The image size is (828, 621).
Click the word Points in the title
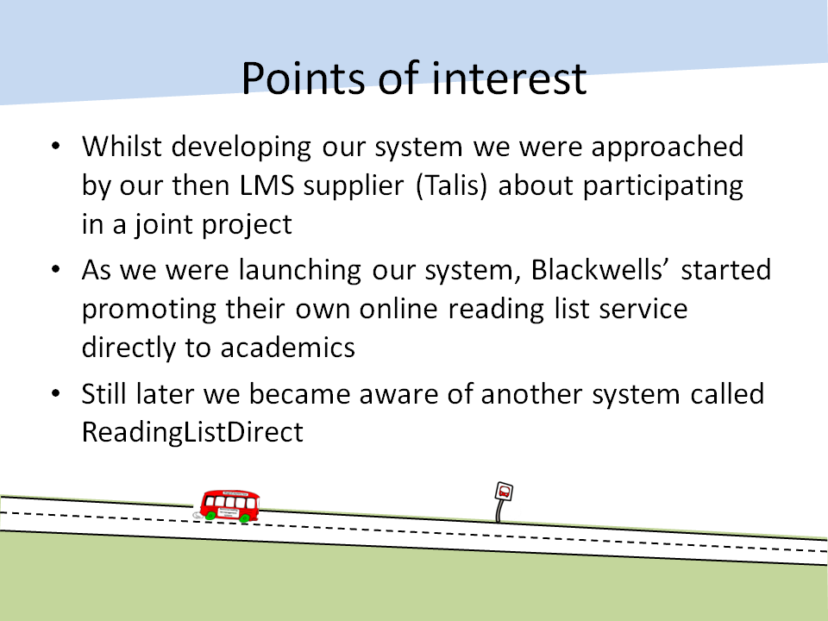click(x=304, y=78)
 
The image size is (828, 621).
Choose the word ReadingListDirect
click(x=192, y=432)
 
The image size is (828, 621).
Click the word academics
click(x=288, y=348)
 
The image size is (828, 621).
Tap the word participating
click(x=662, y=186)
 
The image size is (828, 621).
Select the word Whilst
click(x=122, y=147)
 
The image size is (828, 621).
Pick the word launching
click(x=300, y=270)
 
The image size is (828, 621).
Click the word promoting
click(x=149, y=310)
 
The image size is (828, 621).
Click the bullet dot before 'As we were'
click(x=56, y=269)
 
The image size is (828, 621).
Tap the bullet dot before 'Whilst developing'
click(x=56, y=146)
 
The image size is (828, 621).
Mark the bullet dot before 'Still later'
click(x=56, y=393)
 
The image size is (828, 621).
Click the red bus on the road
click(x=229, y=506)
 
